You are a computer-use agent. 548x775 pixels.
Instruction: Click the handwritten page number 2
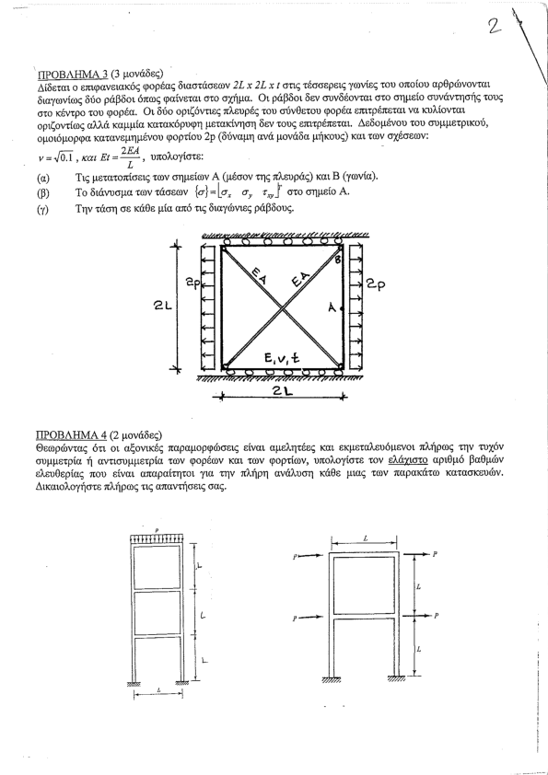click(x=494, y=27)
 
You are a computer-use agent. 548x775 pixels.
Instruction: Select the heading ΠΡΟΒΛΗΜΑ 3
click(x=73, y=75)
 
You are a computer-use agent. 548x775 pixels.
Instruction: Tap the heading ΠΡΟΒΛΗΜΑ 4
click(x=71, y=435)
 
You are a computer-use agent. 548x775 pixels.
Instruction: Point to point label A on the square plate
click(x=332, y=307)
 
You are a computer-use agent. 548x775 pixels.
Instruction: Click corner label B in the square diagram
click(x=338, y=260)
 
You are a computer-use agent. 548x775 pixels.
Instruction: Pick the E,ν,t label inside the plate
click(x=282, y=358)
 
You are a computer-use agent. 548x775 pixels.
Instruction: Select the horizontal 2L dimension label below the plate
click(x=283, y=390)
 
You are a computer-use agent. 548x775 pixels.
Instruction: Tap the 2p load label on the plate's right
click(x=376, y=284)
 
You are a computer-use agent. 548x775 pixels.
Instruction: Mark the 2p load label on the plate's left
click(x=193, y=283)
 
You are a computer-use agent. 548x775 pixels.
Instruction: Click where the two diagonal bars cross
click(x=283, y=308)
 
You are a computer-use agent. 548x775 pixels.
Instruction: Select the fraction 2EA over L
click(x=130, y=157)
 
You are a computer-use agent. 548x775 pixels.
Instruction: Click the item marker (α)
click(x=43, y=177)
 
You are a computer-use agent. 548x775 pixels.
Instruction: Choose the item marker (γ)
click(x=42, y=209)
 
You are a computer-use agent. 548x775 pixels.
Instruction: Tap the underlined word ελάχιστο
click(x=408, y=460)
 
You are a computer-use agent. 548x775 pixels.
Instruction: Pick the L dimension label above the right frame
click(x=365, y=538)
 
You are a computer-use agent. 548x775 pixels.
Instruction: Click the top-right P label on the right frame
click(x=435, y=554)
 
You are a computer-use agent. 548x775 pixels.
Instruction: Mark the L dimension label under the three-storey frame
click(x=158, y=690)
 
